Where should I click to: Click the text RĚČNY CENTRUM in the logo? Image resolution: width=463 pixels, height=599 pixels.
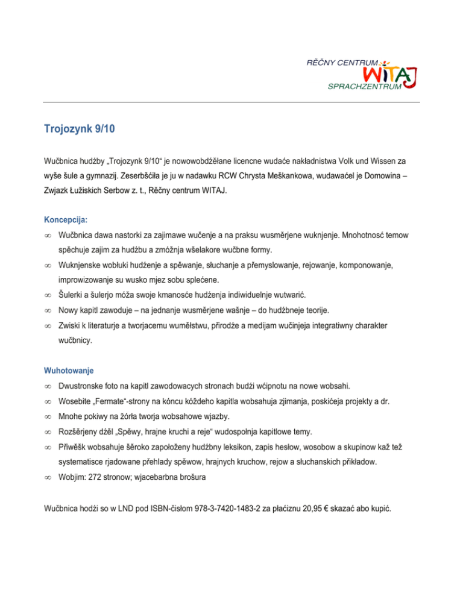(x=344, y=62)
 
